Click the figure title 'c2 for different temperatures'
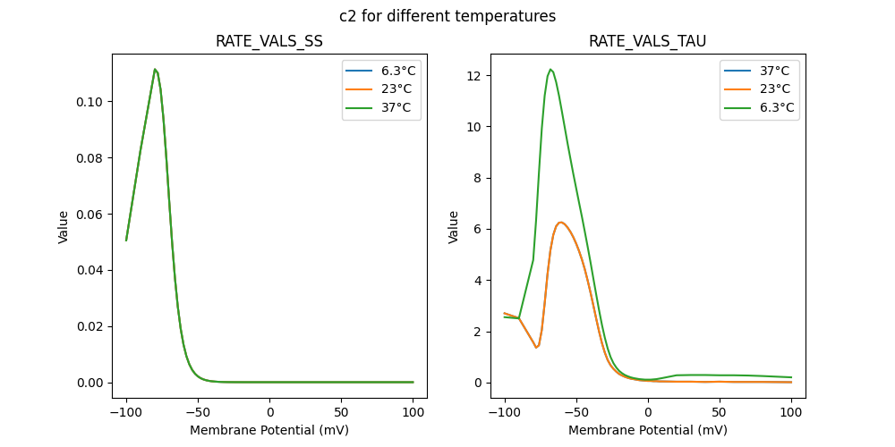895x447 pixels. [447, 16]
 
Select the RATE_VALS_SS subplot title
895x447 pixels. [269, 41]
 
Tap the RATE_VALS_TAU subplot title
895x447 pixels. [648, 41]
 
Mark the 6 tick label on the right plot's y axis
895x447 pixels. [479, 229]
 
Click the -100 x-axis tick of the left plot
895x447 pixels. [126, 414]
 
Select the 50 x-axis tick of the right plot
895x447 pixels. [720, 414]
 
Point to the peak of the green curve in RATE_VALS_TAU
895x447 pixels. [550, 69]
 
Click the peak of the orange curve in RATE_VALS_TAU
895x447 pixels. [560, 223]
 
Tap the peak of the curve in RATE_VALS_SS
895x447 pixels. [155, 69]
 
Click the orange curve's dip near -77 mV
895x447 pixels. [537, 347]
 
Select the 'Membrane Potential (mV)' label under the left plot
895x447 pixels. [269, 430]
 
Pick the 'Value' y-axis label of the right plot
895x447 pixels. [454, 226]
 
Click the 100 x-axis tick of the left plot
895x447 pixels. [413, 414]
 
